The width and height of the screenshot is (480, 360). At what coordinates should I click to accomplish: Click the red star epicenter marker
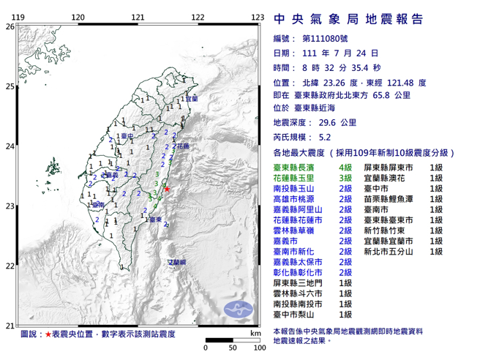[167, 190]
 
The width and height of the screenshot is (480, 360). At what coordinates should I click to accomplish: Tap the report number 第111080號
[327, 38]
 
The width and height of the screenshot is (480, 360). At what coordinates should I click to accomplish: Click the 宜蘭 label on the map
[191, 99]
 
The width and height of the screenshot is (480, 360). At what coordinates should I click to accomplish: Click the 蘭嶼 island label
[178, 261]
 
